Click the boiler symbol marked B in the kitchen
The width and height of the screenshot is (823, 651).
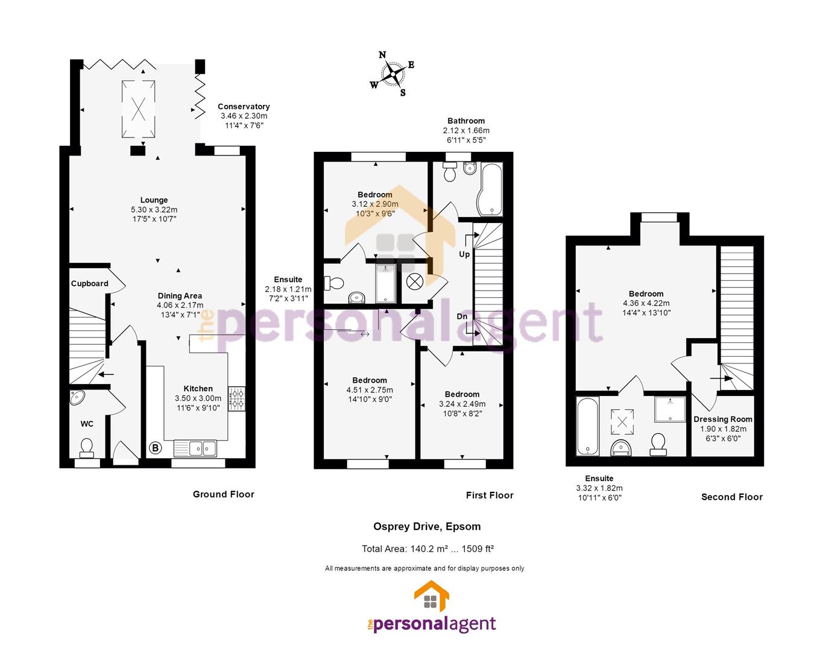(x=156, y=448)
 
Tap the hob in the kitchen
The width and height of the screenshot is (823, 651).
(x=237, y=399)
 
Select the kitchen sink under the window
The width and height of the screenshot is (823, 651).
(x=195, y=448)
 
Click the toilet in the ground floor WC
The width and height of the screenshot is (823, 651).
(x=87, y=448)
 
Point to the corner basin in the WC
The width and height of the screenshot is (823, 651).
(x=77, y=397)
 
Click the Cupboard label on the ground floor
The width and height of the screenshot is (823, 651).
(x=89, y=283)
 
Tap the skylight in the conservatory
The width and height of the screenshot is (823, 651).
(x=139, y=108)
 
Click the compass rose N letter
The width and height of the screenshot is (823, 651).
(x=382, y=55)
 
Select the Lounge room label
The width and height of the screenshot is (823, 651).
(x=154, y=200)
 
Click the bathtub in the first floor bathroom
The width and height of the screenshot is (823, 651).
(x=490, y=190)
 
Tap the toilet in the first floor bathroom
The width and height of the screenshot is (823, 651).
(x=450, y=172)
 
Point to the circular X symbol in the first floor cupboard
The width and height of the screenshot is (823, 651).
(x=415, y=282)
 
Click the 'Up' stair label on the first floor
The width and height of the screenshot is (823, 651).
(x=464, y=254)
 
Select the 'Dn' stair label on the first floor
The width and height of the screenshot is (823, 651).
(x=462, y=316)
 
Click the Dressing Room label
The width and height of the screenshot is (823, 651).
(x=723, y=419)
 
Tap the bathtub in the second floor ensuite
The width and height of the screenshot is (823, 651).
(x=587, y=427)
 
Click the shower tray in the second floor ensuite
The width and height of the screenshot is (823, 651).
(x=670, y=409)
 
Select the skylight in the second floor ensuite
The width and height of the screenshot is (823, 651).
(x=622, y=422)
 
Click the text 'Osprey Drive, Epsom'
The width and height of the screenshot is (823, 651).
(x=427, y=527)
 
